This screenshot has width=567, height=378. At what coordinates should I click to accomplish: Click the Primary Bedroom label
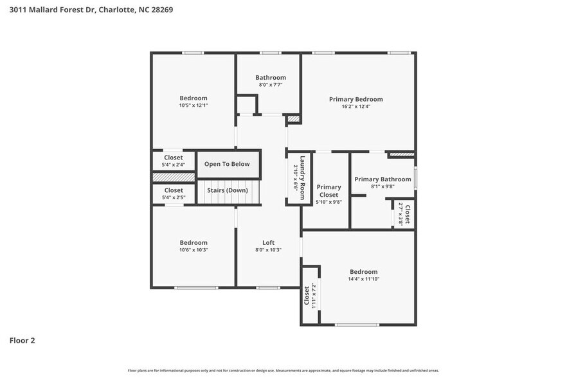click(355, 99)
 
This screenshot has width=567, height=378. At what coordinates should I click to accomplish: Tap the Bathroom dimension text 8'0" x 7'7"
click(270, 85)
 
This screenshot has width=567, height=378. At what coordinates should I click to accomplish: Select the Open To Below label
click(227, 164)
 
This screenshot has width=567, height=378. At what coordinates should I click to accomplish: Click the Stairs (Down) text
click(227, 190)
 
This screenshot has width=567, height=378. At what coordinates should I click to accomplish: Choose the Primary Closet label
click(328, 191)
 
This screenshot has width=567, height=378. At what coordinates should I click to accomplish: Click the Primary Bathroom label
click(382, 179)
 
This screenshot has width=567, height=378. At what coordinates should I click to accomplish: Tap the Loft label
click(268, 242)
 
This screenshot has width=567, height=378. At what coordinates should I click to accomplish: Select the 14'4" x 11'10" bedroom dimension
click(363, 279)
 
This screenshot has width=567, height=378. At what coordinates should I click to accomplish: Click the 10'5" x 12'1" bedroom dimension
click(193, 105)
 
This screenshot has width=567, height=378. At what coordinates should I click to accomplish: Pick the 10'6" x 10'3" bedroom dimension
click(193, 250)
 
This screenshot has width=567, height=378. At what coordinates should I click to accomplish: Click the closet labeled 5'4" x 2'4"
click(173, 161)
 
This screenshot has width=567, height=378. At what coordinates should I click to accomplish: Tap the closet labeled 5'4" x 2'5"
click(173, 194)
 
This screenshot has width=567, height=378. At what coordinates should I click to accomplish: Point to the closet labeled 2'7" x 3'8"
click(405, 213)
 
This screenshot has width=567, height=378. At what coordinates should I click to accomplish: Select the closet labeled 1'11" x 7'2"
click(309, 296)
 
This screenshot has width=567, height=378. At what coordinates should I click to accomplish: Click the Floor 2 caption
click(22, 340)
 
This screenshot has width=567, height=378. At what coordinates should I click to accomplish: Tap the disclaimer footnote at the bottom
click(283, 370)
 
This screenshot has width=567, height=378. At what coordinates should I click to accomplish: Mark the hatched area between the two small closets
click(173, 177)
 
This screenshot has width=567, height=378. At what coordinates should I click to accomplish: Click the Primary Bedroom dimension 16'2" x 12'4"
click(355, 106)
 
